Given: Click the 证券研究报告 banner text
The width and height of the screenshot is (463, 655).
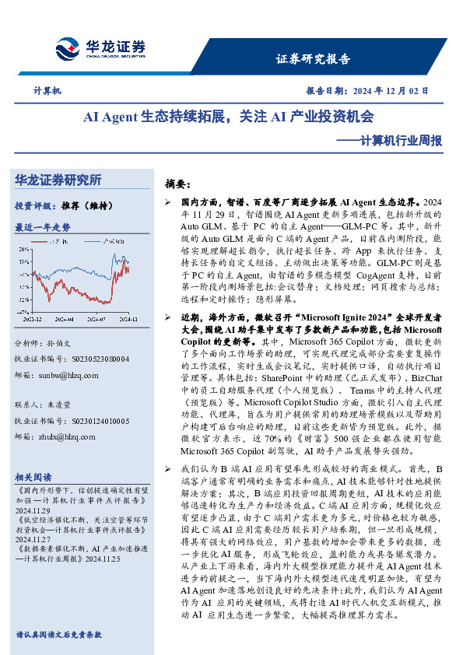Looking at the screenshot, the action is (313, 59).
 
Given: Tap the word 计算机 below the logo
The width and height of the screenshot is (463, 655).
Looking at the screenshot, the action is (47, 91).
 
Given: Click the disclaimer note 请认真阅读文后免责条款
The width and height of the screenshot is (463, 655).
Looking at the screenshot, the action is (58, 634).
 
